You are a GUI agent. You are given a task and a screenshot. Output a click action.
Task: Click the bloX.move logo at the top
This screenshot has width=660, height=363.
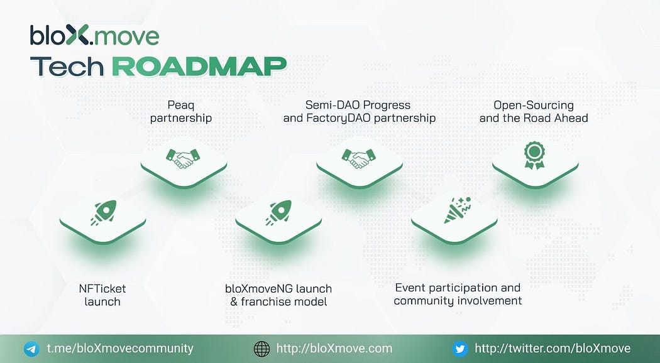click(x=94, y=35)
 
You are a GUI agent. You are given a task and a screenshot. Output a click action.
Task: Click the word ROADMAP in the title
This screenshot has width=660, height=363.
click(x=199, y=67)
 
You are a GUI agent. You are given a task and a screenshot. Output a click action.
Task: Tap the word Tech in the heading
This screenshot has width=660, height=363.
click(x=67, y=67)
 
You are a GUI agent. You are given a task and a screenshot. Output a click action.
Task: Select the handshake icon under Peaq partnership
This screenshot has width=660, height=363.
click(x=183, y=158)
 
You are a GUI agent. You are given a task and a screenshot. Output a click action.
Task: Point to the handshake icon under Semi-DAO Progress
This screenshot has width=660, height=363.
click(x=359, y=158)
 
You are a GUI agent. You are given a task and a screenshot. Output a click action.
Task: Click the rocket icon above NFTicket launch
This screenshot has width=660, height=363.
click(x=103, y=213)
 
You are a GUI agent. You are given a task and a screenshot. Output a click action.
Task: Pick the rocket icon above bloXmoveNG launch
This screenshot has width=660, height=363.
click(x=278, y=213)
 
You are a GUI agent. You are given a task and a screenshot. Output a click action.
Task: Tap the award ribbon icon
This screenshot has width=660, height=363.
click(x=534, y=155)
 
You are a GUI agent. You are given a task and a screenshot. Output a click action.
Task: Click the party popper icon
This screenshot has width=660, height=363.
click(x=458, y=210)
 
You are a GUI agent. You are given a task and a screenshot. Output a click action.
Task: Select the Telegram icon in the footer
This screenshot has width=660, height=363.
click(x=31, y=349)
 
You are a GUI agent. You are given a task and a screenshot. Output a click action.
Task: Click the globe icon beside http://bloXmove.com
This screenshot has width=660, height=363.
click(x=262, y=349)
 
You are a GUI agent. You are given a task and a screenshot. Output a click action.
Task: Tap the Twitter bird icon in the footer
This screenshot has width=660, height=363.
click(x=460, y=349)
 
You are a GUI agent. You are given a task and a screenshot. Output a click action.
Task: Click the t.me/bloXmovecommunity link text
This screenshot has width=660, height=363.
click(x=120, y=349)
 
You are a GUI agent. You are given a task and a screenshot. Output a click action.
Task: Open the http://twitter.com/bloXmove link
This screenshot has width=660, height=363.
click(x=553, y=349)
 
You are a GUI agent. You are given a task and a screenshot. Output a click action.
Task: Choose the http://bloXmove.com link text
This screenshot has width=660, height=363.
click(x=334, y=349)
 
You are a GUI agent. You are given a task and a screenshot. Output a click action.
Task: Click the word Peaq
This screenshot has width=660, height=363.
click(x=181, y=105)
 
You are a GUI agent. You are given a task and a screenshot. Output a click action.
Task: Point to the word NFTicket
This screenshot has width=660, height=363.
click(x=102, y=288)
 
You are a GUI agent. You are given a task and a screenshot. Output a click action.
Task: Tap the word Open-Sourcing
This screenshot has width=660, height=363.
click(x=534, y=105)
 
